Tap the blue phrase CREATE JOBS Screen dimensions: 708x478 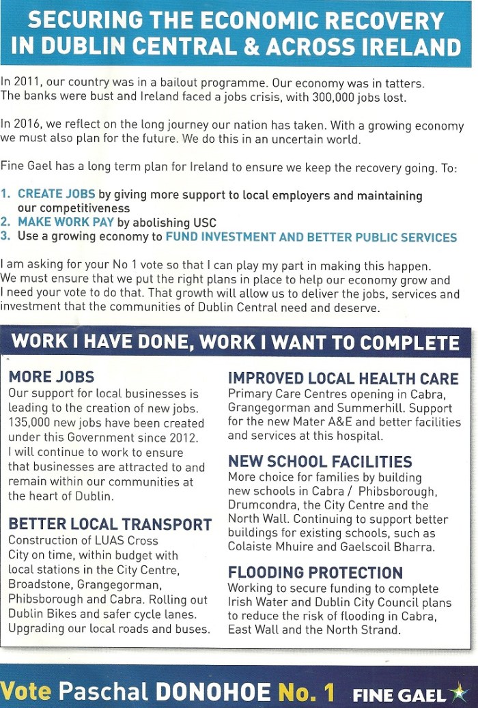[x=57, y=195]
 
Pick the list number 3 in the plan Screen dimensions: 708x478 [x=5, y=236]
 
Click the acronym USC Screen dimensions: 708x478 [x=208, y=222]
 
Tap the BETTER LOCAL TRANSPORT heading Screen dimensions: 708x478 [x=110, y=524]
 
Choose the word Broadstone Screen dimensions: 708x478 [x=38, y=584]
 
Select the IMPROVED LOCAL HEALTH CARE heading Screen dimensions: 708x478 [x=343, y=378]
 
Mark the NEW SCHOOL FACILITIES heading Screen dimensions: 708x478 [x=320, y=462]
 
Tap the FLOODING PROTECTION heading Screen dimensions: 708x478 [x=315, y=572]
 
